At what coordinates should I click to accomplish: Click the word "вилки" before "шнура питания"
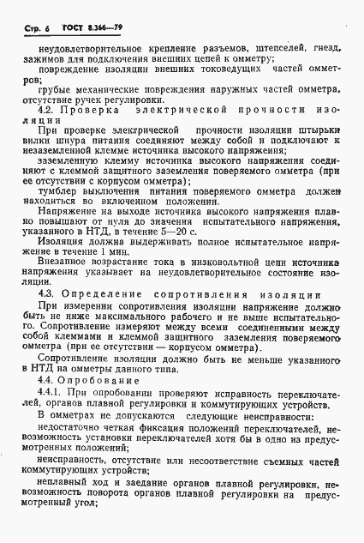point(33,140)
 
